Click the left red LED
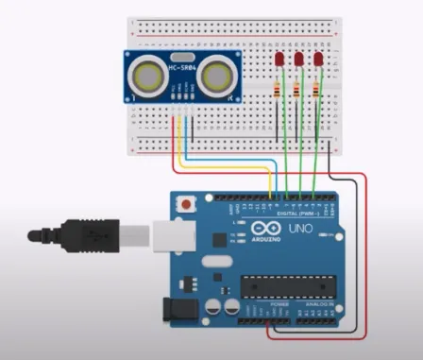[280, 61]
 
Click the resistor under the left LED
[276, 91]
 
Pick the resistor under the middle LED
[296, 91]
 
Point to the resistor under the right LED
[318, 91]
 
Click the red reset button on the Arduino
[191, 202]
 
